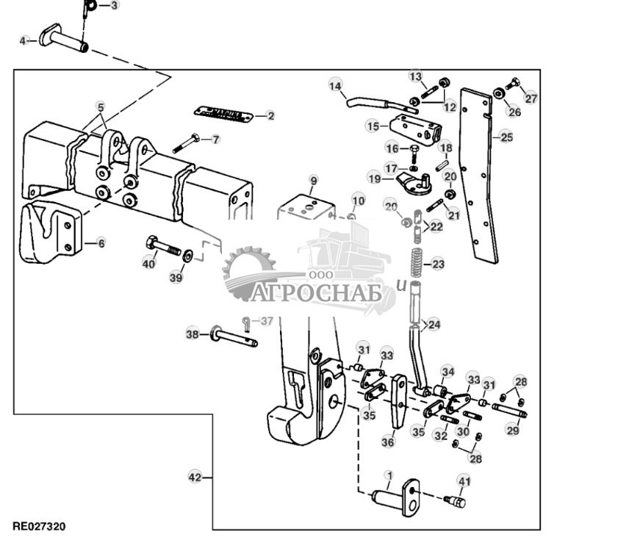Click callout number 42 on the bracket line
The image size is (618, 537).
point(195,477)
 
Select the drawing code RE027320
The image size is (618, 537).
point(39,527)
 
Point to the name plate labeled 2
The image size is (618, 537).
point(223,115)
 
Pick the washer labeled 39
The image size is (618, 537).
point(188,256)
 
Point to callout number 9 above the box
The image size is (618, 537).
point(313,180)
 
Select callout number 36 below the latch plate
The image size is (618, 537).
point(388,442)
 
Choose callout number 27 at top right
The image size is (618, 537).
point(531,98)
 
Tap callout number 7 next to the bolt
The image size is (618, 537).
point(215,138)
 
